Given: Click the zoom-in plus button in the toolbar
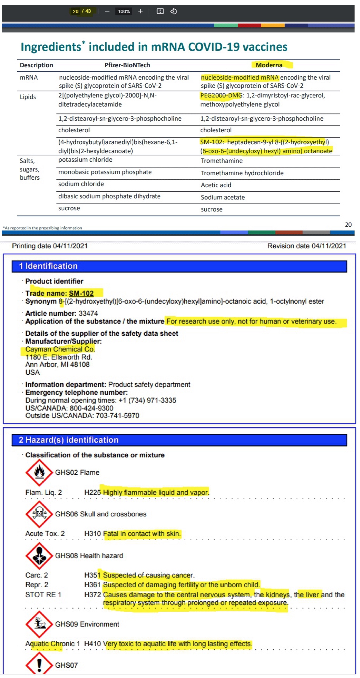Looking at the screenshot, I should (x=140, y=12).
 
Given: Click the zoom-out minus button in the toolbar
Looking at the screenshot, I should (x=107, y=12).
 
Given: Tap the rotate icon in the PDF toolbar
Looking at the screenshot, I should (x=173, y=12).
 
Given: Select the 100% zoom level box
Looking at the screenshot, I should (x=124, y=12).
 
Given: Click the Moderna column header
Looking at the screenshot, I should (x=269, y=65).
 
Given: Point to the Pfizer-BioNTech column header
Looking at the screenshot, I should (x=127, y=65).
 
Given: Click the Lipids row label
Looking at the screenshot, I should (x=28, y=97).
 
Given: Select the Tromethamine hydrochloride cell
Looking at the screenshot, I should (x=242, y=173).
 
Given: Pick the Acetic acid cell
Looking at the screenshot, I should (x=216, y=185).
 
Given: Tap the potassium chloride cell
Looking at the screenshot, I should (x=85, y=160).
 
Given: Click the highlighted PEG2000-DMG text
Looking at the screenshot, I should (x=221, y=96).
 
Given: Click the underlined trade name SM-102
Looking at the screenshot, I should (x=81, y=293).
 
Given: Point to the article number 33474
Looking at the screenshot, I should (x=88, y=313).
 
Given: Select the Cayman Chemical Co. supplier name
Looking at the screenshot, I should (x=60, y=349).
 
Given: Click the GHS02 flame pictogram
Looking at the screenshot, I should (x=39, y=472).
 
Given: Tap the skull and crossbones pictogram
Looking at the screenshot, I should (x=39, y=514).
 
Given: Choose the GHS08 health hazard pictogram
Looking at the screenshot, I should (x=39, y=556).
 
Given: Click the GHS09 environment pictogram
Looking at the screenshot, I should (x=39, y=624).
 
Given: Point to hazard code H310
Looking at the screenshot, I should (x=92, y=534).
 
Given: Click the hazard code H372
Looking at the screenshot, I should (x=92, y=595).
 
